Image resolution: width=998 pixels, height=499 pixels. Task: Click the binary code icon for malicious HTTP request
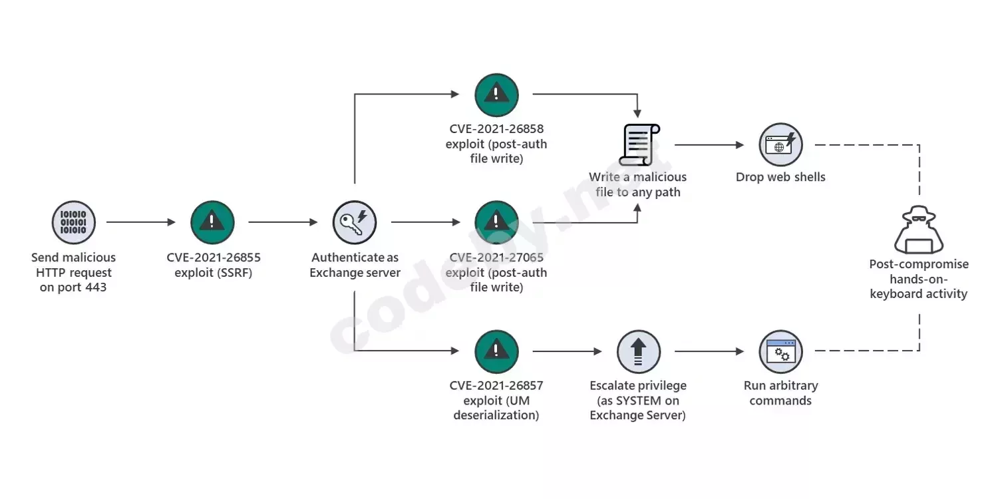(73, 222)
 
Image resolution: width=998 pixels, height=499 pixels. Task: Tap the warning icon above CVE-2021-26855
(212, 222)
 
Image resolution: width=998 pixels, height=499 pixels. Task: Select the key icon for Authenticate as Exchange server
(355, 222)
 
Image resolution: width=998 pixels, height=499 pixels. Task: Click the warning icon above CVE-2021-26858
(496, 95)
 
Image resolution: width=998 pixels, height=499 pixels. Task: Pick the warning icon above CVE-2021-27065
(496, 222)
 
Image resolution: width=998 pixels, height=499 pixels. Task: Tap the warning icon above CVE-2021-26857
(496, 351)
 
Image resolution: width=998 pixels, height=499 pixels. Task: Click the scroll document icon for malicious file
(639, 144)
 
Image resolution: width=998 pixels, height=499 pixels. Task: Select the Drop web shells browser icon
(780, 144)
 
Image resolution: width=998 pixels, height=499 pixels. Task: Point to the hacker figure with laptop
(919, 230)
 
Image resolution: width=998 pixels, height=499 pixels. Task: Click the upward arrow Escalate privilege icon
(639, 351)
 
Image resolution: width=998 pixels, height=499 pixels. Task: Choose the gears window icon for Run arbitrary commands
(780, 351)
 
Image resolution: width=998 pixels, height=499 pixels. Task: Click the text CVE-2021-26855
(214, 257)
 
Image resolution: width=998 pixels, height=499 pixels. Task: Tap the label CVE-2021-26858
(496, 129)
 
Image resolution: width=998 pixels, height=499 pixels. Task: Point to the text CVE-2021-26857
(496, 385)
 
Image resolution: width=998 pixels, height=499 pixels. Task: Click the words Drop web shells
(780, 177)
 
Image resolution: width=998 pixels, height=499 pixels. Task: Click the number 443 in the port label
(95, 287)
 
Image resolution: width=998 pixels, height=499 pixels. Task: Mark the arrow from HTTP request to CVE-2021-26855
(141, 222)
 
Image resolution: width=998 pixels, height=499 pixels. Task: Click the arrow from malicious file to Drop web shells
(709, 144)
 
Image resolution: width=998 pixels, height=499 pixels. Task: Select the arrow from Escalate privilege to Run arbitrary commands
(709, 351)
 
